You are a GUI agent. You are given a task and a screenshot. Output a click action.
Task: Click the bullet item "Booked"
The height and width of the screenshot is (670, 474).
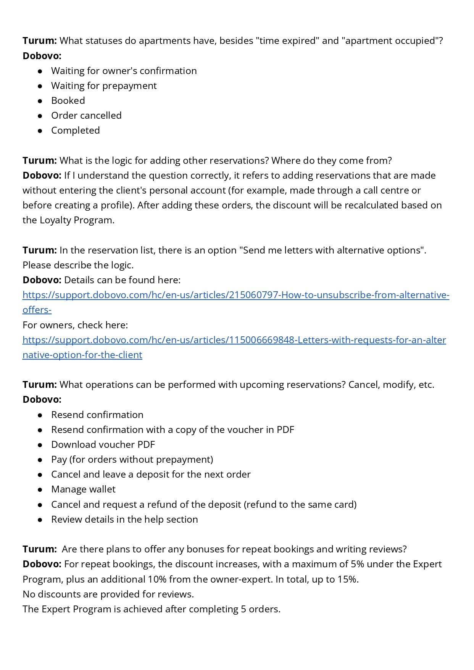pos(68,101)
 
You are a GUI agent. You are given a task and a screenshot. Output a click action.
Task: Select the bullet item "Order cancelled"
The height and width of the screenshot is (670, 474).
pos(86,116)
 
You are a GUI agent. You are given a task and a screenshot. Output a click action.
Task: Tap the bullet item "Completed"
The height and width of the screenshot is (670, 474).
pos(75,131)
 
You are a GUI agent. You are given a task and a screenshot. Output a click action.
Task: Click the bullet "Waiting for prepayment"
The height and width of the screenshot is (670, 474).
pos(104,86)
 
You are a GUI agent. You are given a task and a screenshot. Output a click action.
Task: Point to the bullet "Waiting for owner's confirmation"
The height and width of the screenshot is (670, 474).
pos(124,71)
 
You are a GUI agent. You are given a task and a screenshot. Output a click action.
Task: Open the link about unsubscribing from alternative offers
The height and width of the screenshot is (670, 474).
pos(235,295)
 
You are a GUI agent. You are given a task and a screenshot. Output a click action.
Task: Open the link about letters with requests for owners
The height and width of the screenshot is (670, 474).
pos(234,340)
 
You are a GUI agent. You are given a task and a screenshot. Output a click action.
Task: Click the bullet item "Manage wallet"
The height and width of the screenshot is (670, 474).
pos(83,489)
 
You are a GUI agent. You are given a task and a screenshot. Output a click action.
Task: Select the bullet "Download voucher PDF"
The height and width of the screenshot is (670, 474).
pos(103,445)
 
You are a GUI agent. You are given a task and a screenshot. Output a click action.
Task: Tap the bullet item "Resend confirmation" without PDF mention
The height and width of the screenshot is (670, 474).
pos(97,415)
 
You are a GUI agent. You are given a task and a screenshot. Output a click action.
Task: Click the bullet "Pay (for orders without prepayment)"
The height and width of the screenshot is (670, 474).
pos(132,460)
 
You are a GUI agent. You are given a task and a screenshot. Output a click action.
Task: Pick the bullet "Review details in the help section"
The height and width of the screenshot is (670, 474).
pos(124,520)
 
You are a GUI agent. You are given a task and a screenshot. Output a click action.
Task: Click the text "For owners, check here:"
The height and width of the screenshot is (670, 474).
pos(75,325)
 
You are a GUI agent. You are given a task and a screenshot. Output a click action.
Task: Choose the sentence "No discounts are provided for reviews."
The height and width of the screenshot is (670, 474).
pos(108,594)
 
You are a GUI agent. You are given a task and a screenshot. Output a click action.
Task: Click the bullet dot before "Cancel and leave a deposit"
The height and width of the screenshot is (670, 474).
pos(40,475)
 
